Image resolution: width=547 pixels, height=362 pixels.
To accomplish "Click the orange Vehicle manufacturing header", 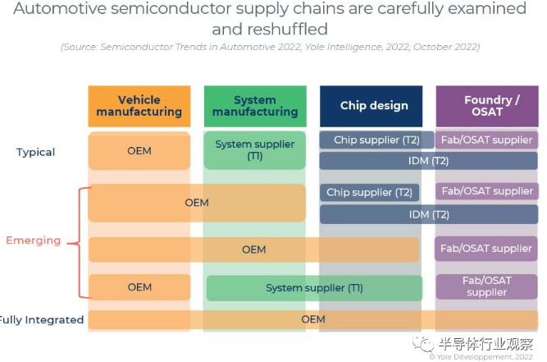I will click(139, 106).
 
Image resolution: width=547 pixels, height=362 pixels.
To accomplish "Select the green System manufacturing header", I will click(254, 106).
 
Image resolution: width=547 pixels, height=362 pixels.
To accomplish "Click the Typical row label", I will click(35, 152).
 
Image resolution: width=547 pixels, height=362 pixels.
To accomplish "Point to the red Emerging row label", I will click(33, 241).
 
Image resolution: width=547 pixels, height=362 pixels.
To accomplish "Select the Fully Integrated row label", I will click(41, 320).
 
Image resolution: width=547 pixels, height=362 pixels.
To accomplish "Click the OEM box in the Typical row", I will click(139, 151).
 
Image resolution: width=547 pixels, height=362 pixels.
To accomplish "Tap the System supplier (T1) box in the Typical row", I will click(254, 150).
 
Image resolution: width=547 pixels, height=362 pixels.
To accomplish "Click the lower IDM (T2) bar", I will click(428, 214).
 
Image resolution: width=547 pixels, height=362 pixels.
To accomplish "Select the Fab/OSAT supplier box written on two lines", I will click(486, 286).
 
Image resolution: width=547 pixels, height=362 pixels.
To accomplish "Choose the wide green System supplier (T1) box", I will click(314, 288).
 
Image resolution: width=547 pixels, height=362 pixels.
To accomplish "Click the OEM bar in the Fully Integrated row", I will click(313, 319).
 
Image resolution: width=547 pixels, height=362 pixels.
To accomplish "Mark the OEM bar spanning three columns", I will click(254, 249).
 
